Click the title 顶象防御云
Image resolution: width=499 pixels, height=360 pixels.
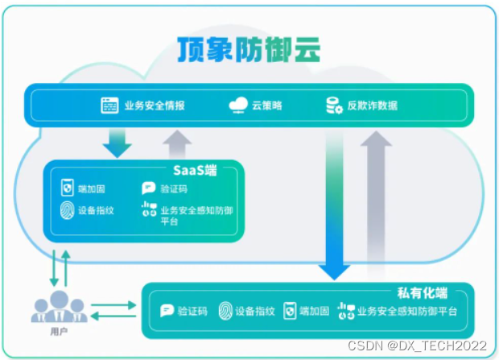click(x=249, y=51)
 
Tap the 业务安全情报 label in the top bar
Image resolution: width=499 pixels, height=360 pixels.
click(x=155, y=106)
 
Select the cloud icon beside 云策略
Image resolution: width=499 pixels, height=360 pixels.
click(x=238, y=106)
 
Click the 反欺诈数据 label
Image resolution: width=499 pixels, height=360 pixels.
click(x=372, y=106)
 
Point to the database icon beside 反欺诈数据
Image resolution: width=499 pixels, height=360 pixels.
click(x=335, y=106)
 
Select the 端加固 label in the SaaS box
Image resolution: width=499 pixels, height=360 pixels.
click(x=91, y=189)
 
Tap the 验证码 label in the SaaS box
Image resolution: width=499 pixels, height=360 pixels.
click(x=175, y=189)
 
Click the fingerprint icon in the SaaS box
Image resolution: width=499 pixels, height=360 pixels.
click(x=68, y=211)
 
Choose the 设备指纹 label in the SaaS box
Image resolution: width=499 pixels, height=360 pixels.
click(x=97, y=211)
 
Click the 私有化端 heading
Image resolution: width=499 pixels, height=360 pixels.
click(x=423, y=292)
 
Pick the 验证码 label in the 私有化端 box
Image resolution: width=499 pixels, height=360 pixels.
click(x=192, y=311)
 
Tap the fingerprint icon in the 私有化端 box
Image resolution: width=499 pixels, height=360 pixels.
click(x=226, y=311)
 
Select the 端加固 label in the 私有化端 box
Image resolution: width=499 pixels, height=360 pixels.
click(x=315, y=311)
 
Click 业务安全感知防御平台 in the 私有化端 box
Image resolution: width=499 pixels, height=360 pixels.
click(x=406, y=311)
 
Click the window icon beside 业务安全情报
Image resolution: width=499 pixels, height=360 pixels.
click(x=109, y=106)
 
